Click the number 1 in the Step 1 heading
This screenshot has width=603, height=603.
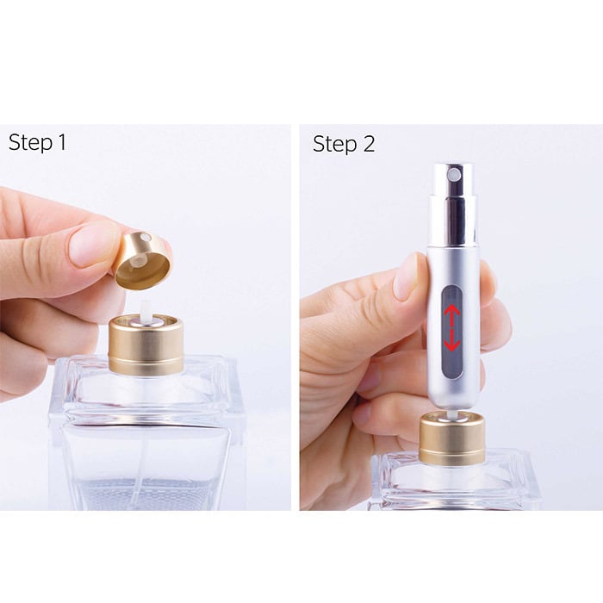point(60,143)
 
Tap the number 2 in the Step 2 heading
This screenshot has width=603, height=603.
point(368,144)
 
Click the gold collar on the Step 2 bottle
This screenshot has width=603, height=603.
point(451,439)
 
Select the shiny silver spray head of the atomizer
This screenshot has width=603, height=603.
point(455,202)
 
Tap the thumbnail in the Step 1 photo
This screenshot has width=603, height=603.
point(93,244)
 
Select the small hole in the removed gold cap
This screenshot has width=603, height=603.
point(146,238)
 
